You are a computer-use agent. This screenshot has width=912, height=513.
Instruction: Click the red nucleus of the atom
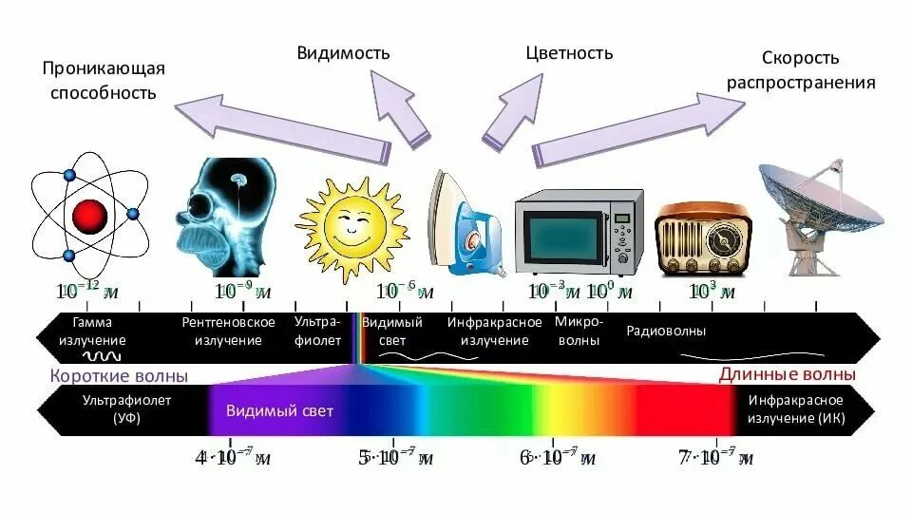point(87,215)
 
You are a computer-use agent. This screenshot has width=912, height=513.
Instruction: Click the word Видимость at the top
point(343,52)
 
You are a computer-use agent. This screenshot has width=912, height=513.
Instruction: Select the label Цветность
point(569,52)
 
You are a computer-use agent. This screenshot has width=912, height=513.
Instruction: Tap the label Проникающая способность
point(103,81)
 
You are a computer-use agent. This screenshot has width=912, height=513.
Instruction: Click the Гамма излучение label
point(92,332)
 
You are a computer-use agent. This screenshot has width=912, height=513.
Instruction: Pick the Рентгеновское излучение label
point(228,332)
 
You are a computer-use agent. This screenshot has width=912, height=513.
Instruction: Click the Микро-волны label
point(577,332)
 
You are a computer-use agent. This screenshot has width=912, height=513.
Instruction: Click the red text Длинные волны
point(787,374)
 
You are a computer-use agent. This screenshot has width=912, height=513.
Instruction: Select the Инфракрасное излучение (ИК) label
point(796,409)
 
